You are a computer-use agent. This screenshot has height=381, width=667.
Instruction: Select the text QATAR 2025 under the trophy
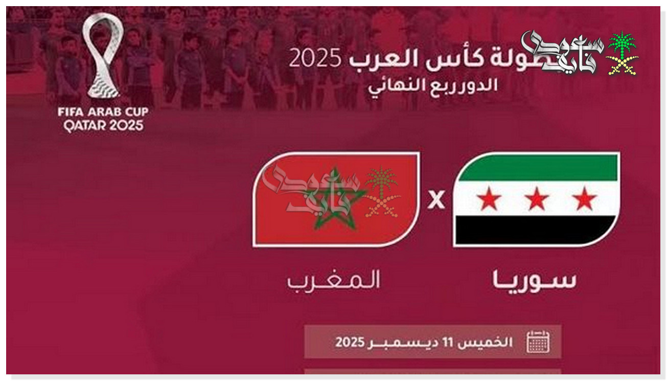tap(103, 126)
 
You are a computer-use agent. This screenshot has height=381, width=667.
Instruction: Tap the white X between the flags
tap(436, 199)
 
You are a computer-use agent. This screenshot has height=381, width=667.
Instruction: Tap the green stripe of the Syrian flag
tap(537, 167)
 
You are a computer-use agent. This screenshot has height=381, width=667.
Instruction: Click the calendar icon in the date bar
tap(538, 342)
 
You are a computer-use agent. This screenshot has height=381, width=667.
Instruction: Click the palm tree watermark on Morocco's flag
tap(382, 192)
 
